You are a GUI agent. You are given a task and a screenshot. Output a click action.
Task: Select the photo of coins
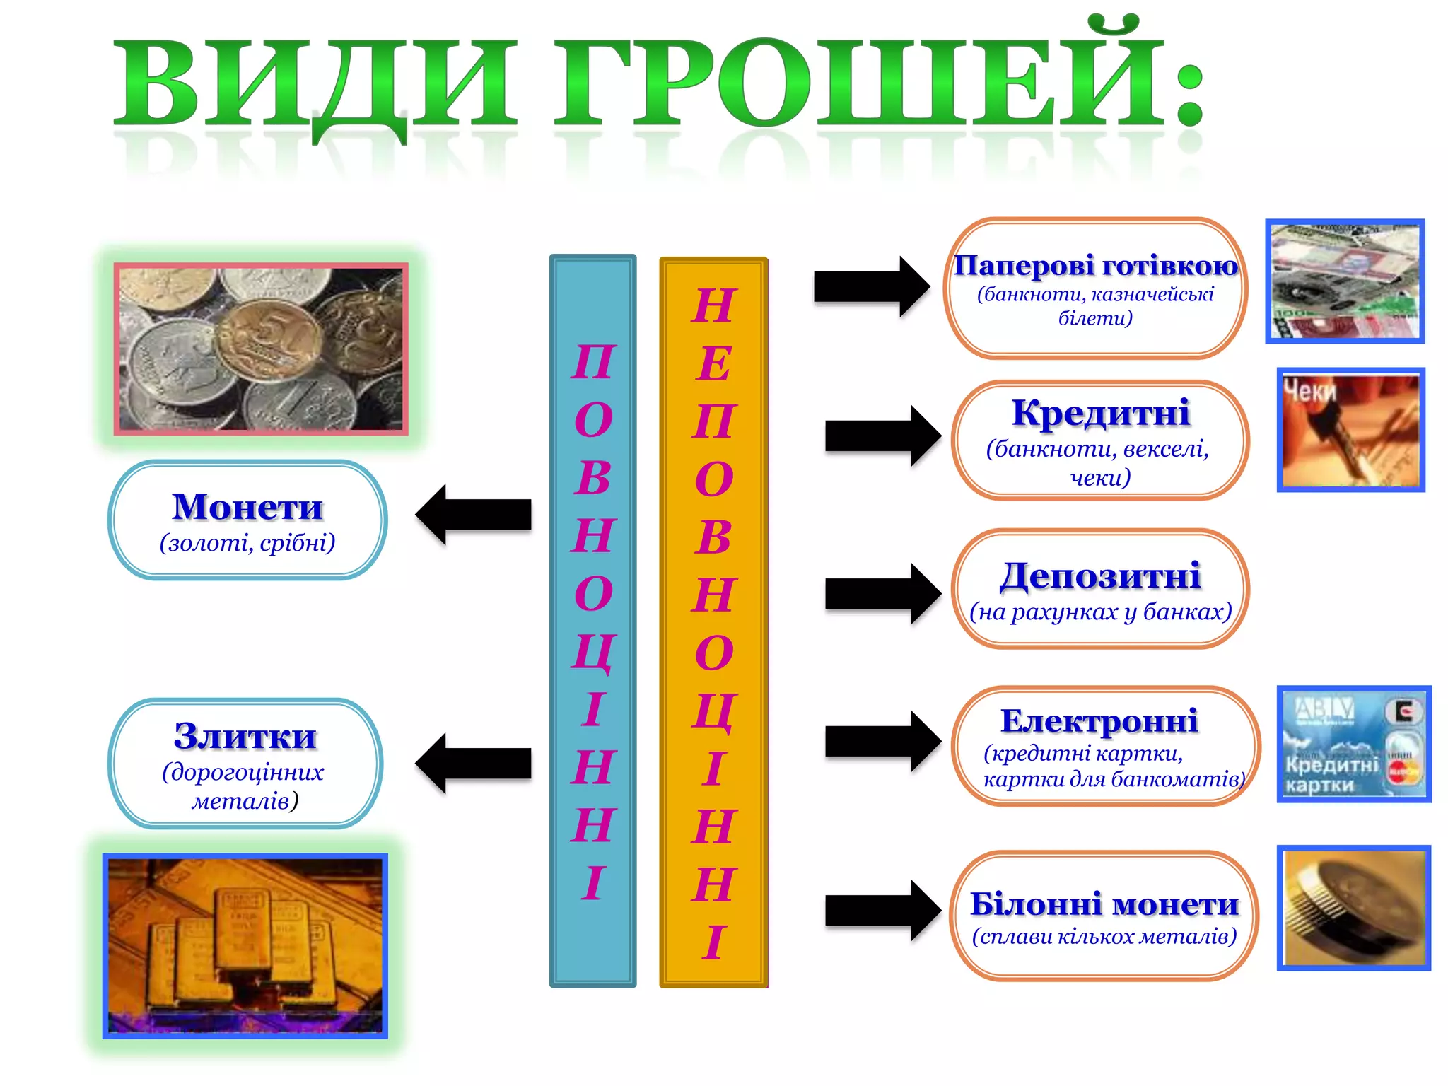click(x=261, y=349)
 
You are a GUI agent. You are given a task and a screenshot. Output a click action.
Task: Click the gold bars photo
click(x=245, y=945)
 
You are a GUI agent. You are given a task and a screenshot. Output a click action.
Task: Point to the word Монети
click(x=247, y=507)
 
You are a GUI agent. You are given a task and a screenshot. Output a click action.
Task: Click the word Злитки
click(x=245, y=737)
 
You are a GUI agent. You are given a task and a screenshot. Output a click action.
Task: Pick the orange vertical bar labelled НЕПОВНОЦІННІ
click(x=713, y=622)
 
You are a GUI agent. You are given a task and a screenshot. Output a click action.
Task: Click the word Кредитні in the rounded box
click(x=1100, y=413)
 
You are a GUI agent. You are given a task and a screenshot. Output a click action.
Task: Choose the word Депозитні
click(x=1100, y=576)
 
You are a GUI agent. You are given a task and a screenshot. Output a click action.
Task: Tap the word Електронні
click(x=1099, y=721)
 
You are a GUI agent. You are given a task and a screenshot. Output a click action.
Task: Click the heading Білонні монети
click(x=1104, y=904)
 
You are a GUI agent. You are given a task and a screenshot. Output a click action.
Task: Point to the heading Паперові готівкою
click(x=1096, y=266)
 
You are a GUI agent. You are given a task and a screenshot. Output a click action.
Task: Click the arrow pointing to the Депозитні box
click(x=882, y=593)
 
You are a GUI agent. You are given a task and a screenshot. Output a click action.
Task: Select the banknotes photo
click(x=1345, y=281)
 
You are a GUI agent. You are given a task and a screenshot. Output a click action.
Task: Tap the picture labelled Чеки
click(x=1350, y=430)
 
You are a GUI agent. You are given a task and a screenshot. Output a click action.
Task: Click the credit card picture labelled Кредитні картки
click(x=1354, y=744)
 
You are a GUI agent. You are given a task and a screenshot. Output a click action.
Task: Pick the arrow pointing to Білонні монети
click(x=882, y=910)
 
